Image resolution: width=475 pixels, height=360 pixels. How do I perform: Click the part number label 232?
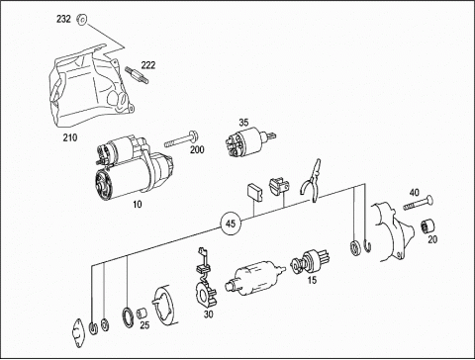pos(63,19)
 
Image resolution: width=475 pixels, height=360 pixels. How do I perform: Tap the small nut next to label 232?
pos(81,20)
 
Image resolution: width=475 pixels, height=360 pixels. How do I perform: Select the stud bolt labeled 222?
pos(137,75)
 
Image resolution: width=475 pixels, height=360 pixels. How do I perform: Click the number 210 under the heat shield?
pos(70,137)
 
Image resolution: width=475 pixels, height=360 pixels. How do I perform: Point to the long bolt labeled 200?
pos(182,139)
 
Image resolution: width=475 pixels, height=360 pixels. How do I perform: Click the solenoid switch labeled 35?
pos(248,141)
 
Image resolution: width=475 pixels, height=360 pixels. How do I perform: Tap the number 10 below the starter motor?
pos(138,205)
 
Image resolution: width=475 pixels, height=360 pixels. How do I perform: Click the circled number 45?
pos(231,224)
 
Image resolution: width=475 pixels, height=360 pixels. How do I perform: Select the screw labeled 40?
pos(419,203)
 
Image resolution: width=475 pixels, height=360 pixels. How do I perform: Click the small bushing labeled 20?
pos(427,226)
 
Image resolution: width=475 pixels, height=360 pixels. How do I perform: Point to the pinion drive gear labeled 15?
pos(310,261)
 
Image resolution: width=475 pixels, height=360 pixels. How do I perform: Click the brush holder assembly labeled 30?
pos(205,280)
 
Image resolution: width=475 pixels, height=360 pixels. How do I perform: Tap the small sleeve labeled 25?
pos(142,312)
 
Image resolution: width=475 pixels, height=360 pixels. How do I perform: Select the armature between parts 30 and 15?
pos(255,278)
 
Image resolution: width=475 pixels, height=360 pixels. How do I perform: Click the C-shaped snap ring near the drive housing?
pos(369,247)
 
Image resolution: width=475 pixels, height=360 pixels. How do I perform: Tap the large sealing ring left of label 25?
pos(128,317)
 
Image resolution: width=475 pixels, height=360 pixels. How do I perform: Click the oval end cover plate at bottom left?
pos(79,333)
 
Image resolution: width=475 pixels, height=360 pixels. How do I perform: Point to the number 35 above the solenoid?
pos(243,123)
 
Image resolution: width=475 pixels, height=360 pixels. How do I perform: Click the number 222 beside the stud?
pos(148,65)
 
